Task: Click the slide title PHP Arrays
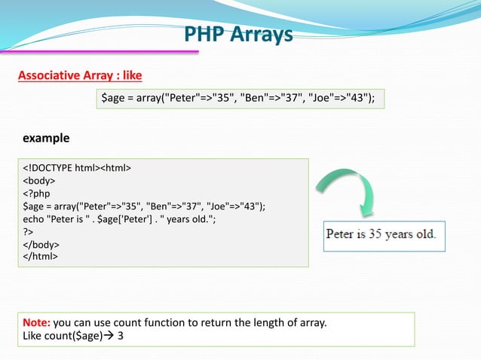pos(239,34)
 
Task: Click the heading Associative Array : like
pos(80,76)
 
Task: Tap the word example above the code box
pos(46,139)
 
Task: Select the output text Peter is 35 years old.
pos(381,233)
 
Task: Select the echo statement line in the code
pos(121,219)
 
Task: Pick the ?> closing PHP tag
pos(29,232)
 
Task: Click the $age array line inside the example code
pos(145,206)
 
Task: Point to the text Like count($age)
pos(62,336)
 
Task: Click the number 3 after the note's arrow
pos(121,336)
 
